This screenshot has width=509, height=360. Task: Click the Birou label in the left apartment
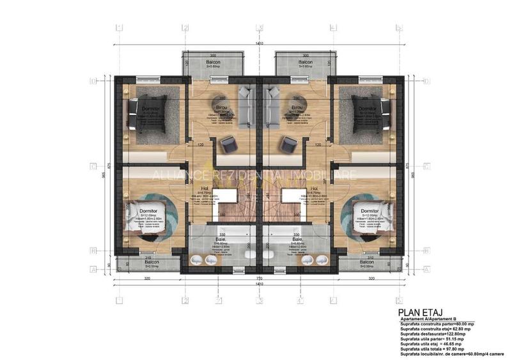(222, 107)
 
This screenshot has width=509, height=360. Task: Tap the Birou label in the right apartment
(297, 107)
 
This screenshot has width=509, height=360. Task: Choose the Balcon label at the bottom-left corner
(151, 262)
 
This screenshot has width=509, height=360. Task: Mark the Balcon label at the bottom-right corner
(367, 262)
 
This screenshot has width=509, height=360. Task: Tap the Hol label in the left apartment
(205, 189)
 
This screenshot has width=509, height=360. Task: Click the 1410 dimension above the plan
(258, 43)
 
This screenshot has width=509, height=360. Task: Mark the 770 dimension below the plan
(259, 280)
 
